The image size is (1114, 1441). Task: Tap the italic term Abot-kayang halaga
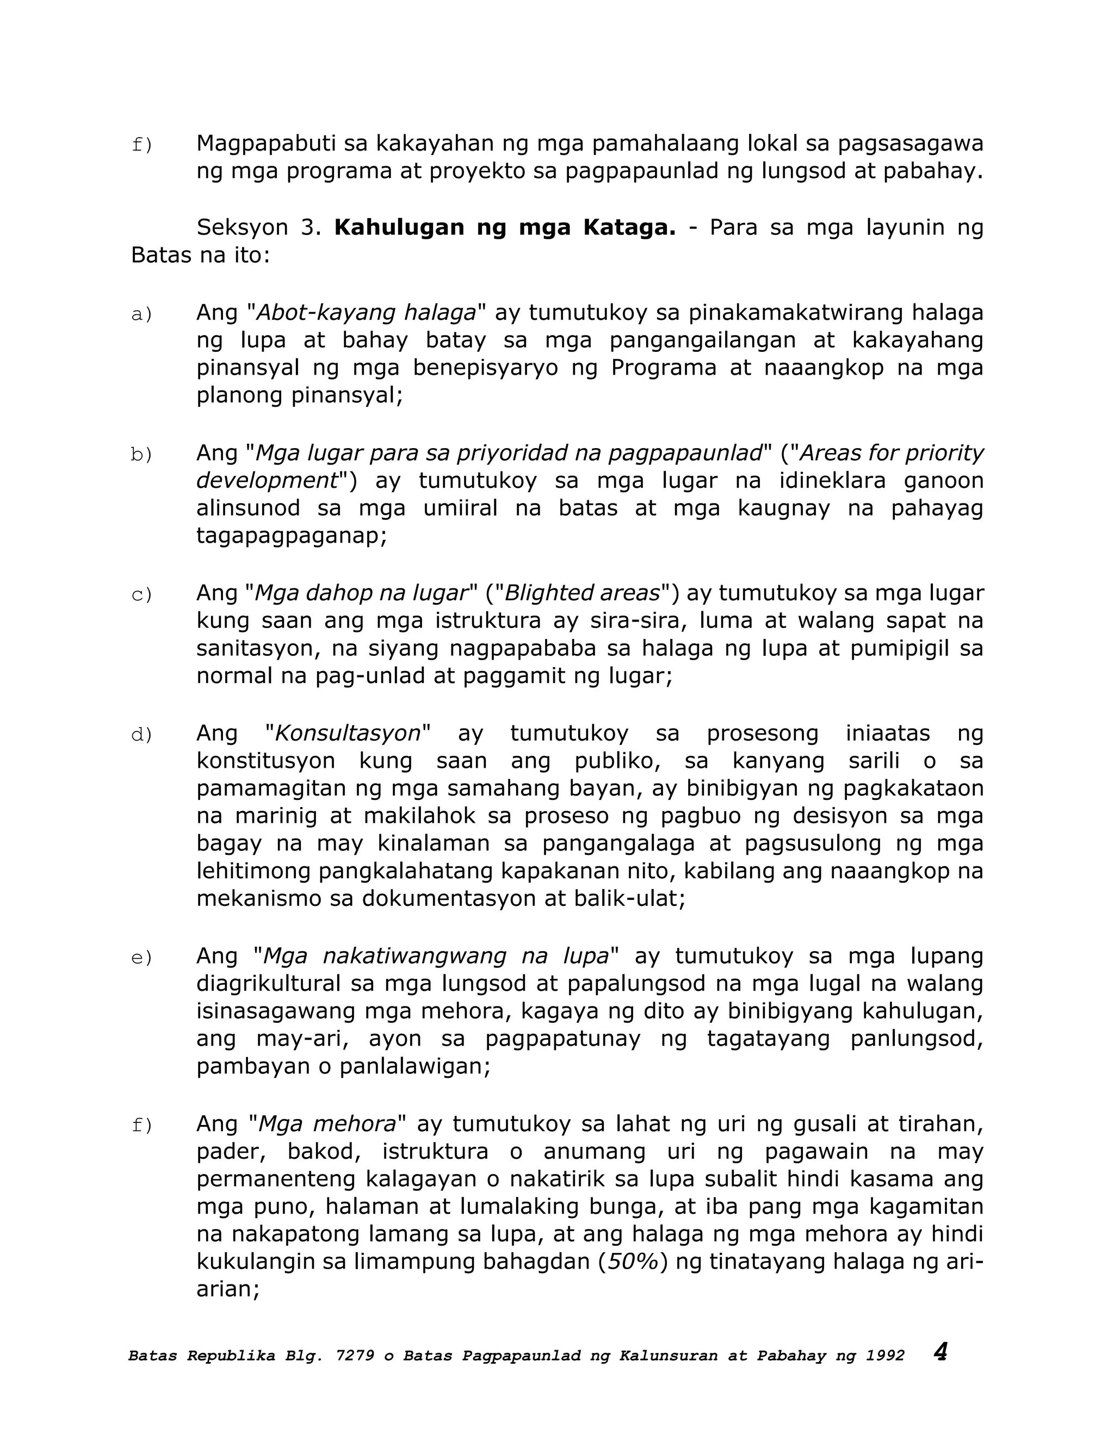pos(366,312)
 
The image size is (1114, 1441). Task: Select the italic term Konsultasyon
pos(347,733)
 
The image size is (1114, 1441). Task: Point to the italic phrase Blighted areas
pos(582,593)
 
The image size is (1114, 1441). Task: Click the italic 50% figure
pos(633,1261)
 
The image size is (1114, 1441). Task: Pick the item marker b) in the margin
pos(141,455)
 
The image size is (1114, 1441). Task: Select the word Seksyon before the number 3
pos(242,228)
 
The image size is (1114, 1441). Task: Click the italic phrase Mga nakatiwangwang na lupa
pos(436,956)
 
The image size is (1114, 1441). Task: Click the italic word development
pos(267,480)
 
